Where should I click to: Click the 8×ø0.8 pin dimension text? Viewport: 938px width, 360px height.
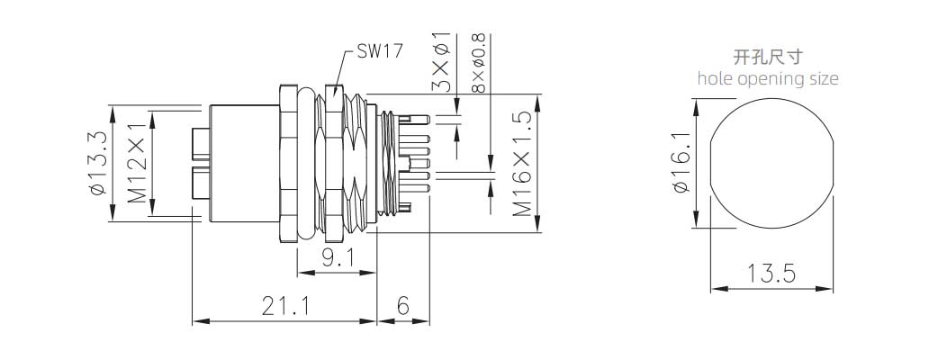point(478,63)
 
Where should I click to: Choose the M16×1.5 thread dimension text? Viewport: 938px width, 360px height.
point(522,163)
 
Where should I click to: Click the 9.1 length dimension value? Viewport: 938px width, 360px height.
point(337,259)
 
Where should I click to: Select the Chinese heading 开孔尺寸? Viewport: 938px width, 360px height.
point(768,58)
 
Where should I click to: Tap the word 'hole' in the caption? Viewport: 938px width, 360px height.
point(716,78)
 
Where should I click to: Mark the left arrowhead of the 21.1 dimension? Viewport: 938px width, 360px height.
point(198,320)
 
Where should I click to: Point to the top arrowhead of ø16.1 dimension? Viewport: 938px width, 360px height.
point(695,105)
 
